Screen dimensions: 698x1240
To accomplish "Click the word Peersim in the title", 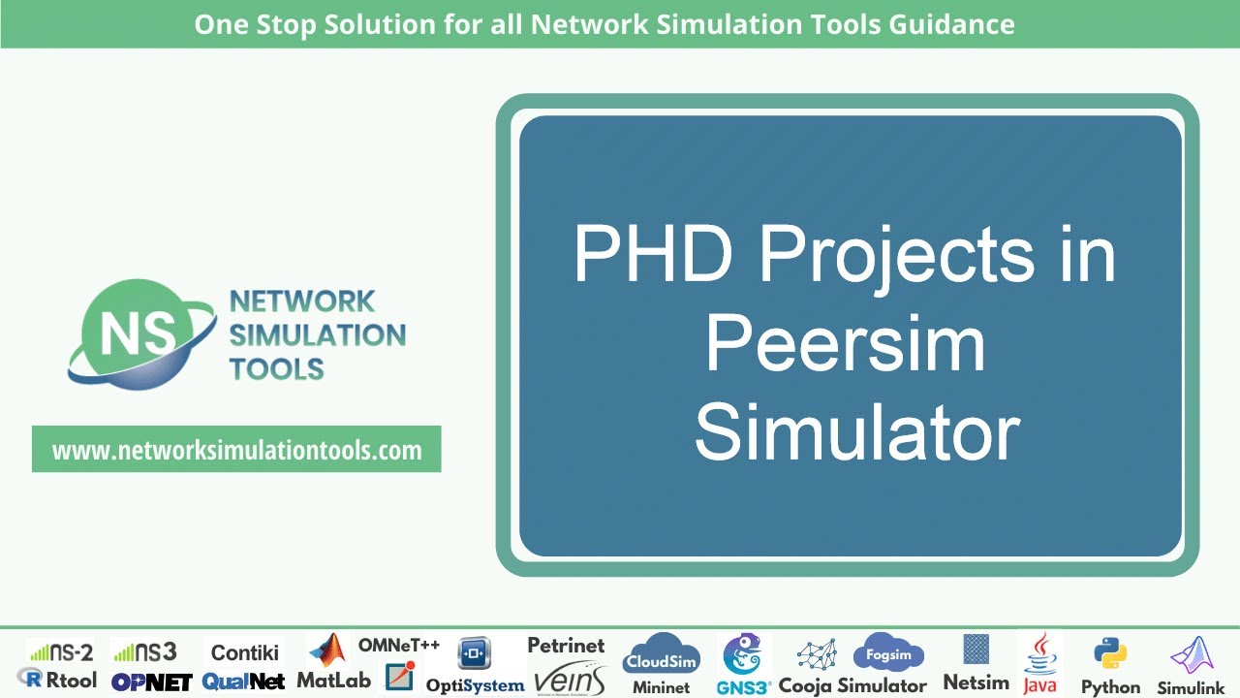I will (x=845, y=343).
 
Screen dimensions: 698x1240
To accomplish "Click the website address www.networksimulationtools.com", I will (x=236, y=451).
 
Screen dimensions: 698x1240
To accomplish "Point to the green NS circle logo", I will (x=130, y=332).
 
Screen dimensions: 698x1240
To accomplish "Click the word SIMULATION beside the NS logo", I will (x=317, y=335).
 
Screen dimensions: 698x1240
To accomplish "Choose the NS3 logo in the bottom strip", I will (x=144, y=651).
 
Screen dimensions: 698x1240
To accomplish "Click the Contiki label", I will (x=245, y=652).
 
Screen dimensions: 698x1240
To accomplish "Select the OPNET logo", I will (x=151, y=682).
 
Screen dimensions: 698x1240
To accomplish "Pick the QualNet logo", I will (x=243, y=682).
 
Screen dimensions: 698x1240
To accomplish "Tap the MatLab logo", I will (x=333, y=663).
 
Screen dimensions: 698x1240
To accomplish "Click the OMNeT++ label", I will (x=399, y=645).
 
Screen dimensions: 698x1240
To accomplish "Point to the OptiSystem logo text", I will (x=475, y=684).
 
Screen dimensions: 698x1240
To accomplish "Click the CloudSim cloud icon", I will (x=661, y=654).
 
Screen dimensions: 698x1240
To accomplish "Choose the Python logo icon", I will (x=1110, y=654).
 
